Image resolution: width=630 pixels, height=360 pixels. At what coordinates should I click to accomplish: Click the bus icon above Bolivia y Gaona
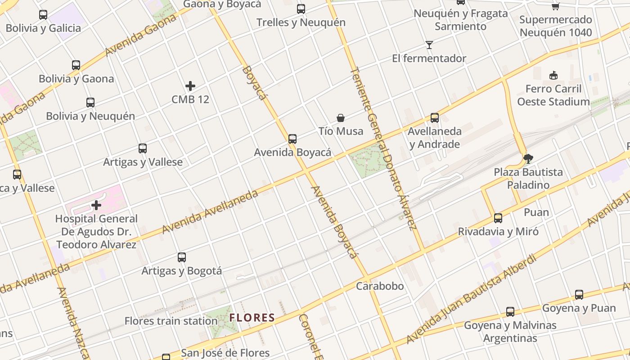[x=76, y=65]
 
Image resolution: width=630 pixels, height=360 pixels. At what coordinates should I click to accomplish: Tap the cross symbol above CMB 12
[x=190, y=85]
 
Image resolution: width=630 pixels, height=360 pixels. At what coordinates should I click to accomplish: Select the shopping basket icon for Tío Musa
[x=341, y=118]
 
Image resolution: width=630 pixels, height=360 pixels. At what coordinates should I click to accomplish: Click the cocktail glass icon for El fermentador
[x=429, y=45]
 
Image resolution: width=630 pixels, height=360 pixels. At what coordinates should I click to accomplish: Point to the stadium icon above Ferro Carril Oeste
[x=553, y=75]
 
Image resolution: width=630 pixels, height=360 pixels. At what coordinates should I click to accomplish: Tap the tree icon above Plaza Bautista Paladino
[x=528, y=158]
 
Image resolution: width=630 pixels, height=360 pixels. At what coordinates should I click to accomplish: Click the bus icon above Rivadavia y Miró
[x=498, y=218]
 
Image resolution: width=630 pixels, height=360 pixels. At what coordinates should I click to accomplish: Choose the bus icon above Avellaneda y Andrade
[x=435, y=118]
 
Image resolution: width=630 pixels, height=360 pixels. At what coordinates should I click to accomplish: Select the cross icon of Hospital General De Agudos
[x=96, y=206]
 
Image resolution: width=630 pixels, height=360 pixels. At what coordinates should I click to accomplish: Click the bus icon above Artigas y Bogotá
[x=182, y=257]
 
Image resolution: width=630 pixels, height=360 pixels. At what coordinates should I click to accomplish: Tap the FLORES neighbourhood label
[x=252, y=318]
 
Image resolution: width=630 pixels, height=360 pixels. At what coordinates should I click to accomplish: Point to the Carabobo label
[x=380, y=286]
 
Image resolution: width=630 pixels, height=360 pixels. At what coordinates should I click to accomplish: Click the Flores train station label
[x=171, y=321]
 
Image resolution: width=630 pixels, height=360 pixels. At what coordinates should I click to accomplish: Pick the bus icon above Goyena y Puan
[x=579, y=295]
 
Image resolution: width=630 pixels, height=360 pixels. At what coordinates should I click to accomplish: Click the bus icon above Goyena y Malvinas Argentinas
[x=510, y=311]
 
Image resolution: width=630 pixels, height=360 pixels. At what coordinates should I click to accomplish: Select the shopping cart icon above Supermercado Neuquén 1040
[x=556, y=6]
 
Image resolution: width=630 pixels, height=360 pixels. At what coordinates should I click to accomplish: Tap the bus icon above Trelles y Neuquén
[x=301, y=9]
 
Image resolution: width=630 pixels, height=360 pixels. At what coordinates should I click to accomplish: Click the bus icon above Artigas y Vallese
[x=143, y=148]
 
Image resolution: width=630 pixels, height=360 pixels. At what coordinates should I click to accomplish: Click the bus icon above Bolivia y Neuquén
[x=90, y=103]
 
